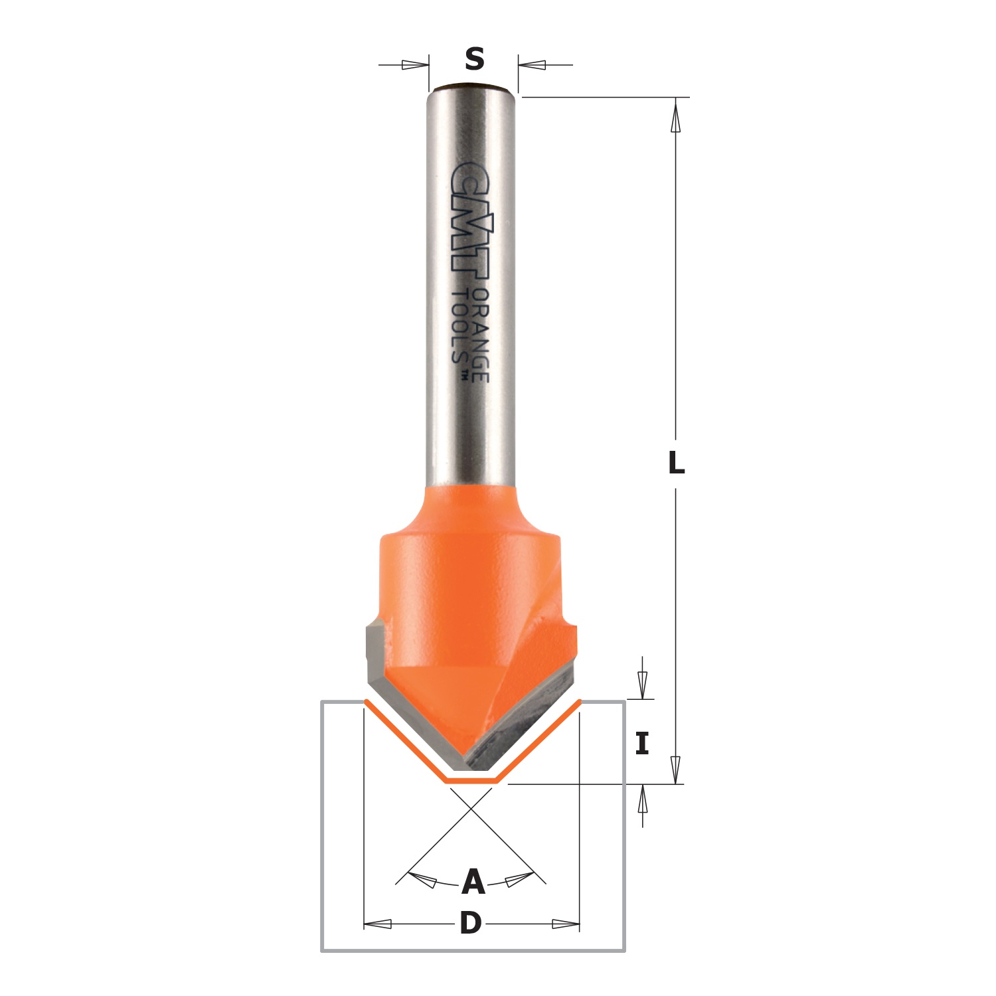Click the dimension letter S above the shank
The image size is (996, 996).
click(474, 60)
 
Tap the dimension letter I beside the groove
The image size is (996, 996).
click(641, 744)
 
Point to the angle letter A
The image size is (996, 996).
click(473, 882)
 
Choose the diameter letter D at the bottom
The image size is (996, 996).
click(471, 924)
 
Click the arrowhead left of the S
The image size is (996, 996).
click(416, 65)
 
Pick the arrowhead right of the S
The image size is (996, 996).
click(532, 65)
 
